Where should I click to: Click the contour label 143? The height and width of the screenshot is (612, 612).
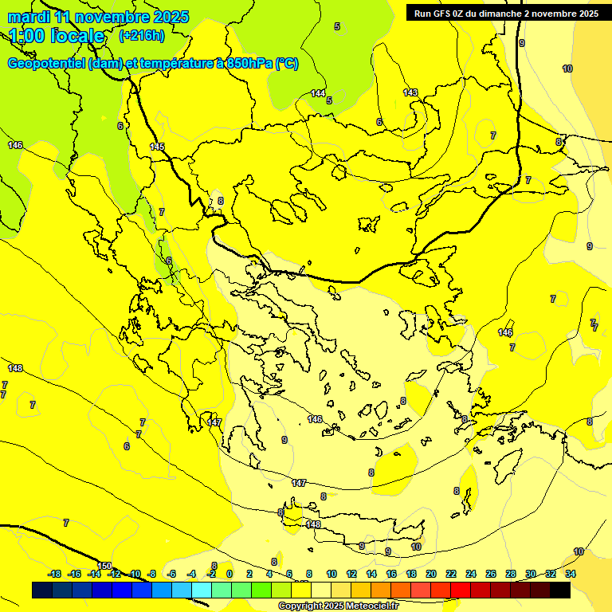[410, 93]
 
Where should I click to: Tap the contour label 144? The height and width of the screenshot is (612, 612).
[318, 94]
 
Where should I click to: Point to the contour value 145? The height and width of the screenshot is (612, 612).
[157, 147]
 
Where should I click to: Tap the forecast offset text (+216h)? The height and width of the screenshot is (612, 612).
[141, 35]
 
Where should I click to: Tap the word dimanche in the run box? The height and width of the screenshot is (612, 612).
[500, 14]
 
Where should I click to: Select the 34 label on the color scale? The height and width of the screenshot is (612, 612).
[571, 574]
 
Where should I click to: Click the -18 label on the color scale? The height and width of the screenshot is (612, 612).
[54, 574]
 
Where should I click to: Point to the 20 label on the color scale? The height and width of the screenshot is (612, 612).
[431, 574]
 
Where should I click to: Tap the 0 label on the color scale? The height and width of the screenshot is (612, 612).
[229, 574]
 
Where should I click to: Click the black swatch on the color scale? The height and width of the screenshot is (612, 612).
[559, 590]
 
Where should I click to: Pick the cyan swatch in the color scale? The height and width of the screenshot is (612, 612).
[202, 590]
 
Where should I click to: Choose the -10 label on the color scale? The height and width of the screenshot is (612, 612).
[135, 574]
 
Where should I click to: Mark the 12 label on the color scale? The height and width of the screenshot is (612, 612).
[351, 574]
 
